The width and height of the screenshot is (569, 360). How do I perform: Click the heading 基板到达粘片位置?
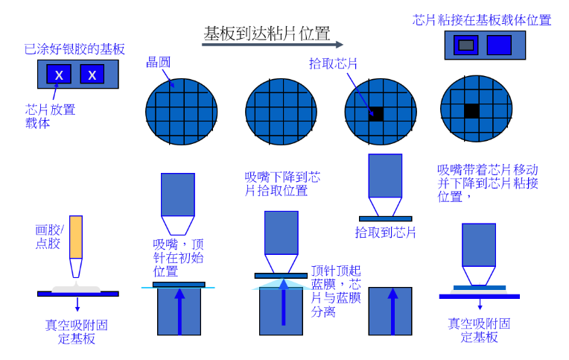[267, 34]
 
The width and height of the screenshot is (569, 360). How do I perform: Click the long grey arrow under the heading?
[273, 45]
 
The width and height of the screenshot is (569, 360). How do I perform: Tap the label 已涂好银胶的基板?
[74, 49]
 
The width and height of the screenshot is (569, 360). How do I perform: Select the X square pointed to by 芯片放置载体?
[59, 74]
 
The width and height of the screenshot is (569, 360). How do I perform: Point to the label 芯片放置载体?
[50, 116]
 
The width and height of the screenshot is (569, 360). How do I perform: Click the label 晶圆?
[158, 63]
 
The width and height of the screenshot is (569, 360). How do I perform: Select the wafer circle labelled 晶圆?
[182, 112]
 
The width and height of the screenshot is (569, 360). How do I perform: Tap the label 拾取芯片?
[333, 64]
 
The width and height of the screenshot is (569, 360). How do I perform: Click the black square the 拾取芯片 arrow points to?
[376, 115]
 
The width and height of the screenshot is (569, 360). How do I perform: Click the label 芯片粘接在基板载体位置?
[482, 20]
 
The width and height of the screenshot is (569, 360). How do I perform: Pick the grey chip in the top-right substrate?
[466, 45]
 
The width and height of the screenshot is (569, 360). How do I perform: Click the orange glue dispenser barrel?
[76, 237]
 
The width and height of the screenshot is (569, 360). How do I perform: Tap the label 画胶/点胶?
[49, 236]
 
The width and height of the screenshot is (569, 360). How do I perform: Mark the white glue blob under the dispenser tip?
[76, 288]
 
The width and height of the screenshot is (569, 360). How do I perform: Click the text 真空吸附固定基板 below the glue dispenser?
[77, 332]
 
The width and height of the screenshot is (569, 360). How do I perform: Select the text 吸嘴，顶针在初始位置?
[178, 258]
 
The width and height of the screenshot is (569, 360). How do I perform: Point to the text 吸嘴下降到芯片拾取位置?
[282, 184]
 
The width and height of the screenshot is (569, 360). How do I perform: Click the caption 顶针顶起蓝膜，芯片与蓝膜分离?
[336, 291]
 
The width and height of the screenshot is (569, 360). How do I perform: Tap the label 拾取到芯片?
[385, 233]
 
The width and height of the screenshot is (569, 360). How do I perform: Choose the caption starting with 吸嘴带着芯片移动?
[487, 183]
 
